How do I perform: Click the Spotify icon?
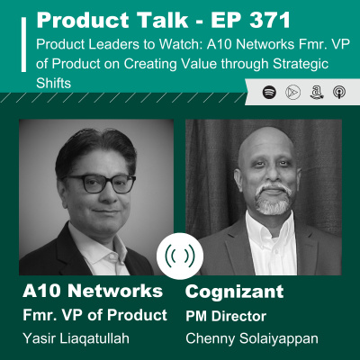coord(269,92)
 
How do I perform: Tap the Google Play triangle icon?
coord(292,92)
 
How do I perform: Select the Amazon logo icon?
coord(313,92)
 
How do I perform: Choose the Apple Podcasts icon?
coord(335,92)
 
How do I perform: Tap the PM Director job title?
coord(221,317)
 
